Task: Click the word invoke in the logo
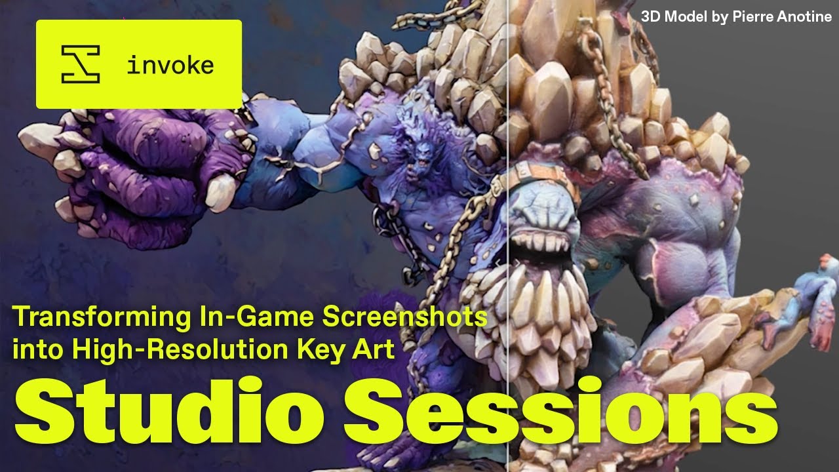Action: [x=170, y=66]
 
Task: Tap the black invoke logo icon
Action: [x=80, y=64]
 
